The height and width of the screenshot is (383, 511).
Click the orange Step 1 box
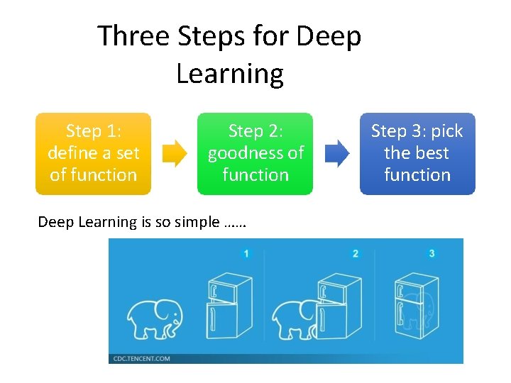[93, 153]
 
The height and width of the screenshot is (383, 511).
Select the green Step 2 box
[255, 153]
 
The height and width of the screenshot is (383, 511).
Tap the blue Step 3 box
[417, 153]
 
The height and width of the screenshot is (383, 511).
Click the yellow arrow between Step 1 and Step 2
[175, 153]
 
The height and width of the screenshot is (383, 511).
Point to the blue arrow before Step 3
[337, 153]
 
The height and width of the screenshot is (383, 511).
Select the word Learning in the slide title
[229, 73]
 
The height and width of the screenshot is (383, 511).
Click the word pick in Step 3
[447, 131]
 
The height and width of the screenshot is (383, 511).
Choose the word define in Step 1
[74, 152]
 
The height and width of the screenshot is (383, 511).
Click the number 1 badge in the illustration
[246, 253]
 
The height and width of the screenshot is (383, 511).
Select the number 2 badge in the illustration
[356, 253]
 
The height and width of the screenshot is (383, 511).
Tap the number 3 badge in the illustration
[432, 253]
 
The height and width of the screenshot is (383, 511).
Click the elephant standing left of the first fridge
[154, 318]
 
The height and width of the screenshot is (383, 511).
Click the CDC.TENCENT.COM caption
[142, 359]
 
